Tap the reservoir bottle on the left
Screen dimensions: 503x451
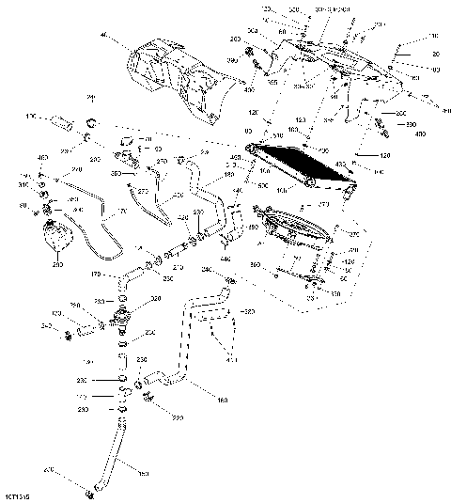[54, 236]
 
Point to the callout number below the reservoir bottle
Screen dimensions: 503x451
[56, 266]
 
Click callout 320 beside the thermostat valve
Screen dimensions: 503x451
[156, 298]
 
